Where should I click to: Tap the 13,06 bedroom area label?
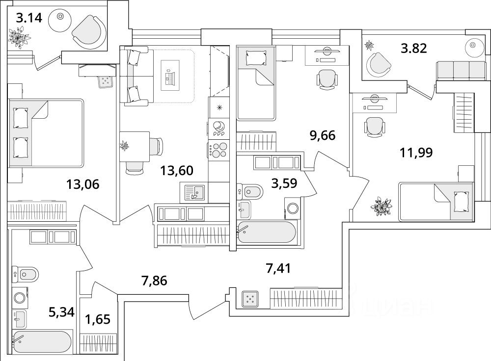(x=83, y=184)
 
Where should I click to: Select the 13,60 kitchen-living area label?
(x=177, y=171)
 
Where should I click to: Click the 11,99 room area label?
(x=416, y=153)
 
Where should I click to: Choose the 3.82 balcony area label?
(x=413, y=48)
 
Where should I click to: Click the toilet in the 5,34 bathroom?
(x=25, y=273)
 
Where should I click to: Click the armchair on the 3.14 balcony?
(x=88, y=30)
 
